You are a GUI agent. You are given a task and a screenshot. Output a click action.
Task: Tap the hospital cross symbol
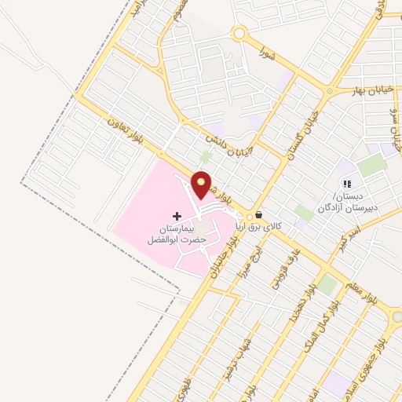click(177, 215)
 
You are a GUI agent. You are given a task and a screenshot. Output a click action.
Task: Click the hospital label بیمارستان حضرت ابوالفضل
click(177, 233)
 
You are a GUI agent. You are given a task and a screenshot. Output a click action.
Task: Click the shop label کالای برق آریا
click(286, 225)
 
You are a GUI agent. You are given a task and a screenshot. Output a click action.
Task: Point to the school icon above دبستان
click(346, 183)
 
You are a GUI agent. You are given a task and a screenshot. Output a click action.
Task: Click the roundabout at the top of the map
click(239, 34)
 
